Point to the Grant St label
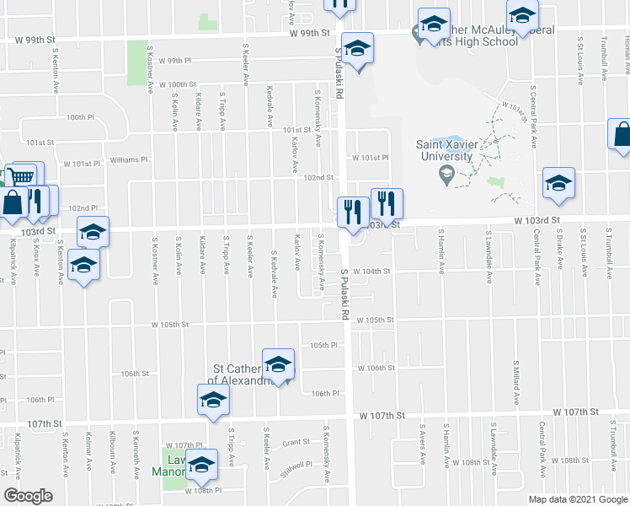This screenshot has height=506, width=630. click(x=296, y=442)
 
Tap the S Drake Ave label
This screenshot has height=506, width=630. click(x=560, y=251)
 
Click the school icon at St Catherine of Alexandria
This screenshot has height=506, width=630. click(x=277, y=365)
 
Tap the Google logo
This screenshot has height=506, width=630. click(x=28, y=496)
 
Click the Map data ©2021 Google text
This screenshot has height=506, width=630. click(x=577, y=499)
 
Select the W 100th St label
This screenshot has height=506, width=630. click(x=177, y=84)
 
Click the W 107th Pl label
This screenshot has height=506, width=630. click(x=185, y=444)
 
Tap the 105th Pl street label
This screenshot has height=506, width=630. click(x=323, y=345)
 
